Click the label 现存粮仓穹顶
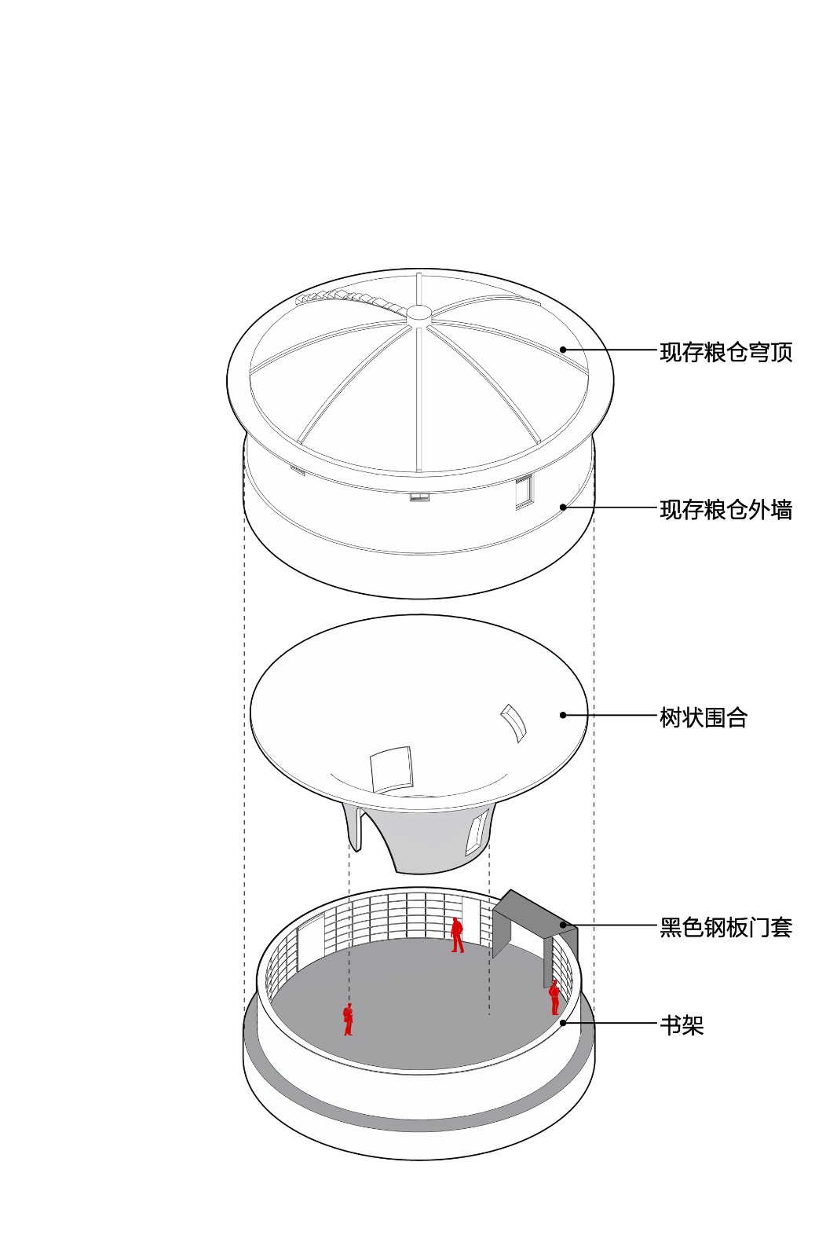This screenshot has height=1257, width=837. [726, 352]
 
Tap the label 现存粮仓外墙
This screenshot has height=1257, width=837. [726, 510]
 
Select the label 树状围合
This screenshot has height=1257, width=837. [703, 717]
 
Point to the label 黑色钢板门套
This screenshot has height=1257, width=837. [726, 927]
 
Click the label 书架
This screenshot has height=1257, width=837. [681, 1025]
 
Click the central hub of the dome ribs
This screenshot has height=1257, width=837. [418, 313]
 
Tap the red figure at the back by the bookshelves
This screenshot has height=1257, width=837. [457, 935]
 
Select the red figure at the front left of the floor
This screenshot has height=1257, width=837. [348, 1020]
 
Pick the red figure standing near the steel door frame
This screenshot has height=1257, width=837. [554, 997]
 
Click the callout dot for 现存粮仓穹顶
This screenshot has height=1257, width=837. [563, 350]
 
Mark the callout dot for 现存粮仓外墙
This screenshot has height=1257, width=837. [563, 508]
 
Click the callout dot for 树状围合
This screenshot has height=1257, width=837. [563, 715]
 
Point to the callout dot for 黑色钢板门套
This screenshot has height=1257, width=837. [563, 925]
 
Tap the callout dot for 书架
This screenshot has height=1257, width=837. [563, 1023]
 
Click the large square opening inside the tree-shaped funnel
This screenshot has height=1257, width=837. [391, 769]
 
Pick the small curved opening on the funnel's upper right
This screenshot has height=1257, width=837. [514, 721]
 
